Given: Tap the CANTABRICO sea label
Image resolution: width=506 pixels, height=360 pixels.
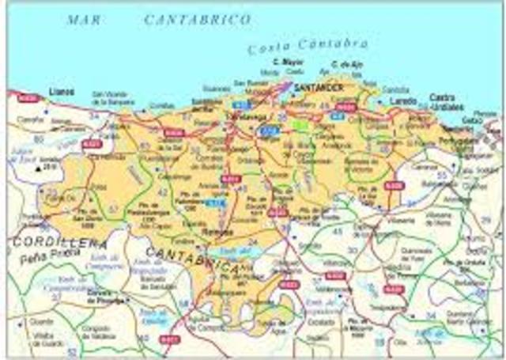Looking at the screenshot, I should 197,19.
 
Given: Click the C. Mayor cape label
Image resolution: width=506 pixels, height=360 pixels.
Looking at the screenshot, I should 286,62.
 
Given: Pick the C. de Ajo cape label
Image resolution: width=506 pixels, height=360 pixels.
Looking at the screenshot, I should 346,63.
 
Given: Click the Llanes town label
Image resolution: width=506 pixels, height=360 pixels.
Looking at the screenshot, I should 61,92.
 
